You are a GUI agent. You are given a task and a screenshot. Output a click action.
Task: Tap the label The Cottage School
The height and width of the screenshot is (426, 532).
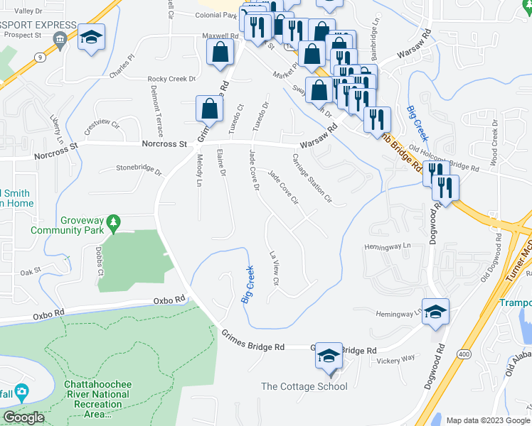pos(304,386)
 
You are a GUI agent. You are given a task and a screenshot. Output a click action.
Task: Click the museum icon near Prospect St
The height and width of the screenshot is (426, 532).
pos(62,38)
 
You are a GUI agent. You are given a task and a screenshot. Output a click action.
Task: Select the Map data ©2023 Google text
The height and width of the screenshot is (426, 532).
pos(488,420)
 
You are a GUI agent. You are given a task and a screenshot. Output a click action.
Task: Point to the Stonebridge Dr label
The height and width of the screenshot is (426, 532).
pos(139,169)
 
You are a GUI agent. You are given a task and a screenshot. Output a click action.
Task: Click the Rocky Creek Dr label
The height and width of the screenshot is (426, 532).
pos(171,79)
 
